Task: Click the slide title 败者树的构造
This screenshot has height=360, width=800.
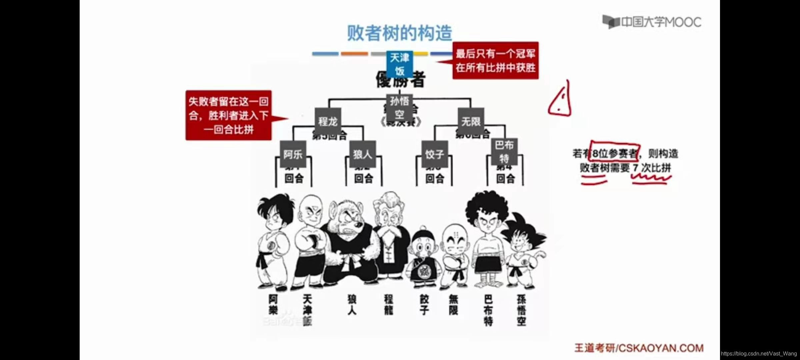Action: pos(399,33)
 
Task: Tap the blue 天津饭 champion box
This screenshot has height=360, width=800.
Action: pos(399,64)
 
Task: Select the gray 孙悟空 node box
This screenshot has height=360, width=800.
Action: pos(399,107)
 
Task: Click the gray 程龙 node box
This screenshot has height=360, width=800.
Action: pos(328,121)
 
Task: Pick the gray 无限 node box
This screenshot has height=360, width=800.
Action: pos(471,121)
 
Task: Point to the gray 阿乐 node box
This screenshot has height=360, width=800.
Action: pos(293,154)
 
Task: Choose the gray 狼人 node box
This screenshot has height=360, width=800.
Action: pos(362,154)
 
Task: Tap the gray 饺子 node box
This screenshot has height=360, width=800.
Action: pos(434,154)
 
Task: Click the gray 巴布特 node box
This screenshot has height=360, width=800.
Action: pos(504,151)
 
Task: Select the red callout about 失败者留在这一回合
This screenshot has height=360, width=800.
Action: pos(229,115)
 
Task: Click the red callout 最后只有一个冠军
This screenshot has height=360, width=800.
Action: pos(495,60)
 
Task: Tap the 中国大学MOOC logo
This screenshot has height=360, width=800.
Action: pos(652,22)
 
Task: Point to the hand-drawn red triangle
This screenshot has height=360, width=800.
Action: pos(560,100)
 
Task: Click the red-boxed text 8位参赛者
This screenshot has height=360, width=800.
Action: pos(615,153)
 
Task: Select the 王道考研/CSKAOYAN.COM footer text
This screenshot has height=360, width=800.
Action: pos(639,348)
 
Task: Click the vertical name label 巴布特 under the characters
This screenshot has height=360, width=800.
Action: pos(488,310)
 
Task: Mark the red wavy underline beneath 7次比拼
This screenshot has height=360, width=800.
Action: pos(651,179)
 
